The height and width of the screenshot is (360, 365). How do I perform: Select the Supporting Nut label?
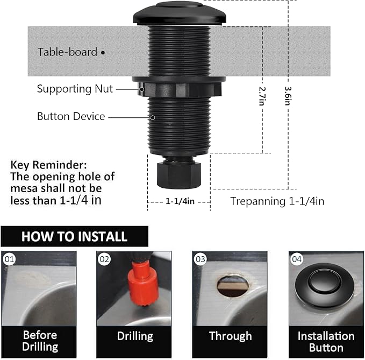[x=75, y=89]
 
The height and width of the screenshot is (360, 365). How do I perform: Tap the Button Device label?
[x=71, y=116]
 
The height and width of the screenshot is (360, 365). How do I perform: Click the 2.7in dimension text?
[x=262, y=96]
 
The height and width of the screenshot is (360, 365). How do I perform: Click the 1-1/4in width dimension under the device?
[x=179, y=201]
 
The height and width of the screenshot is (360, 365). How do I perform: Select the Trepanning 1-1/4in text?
[x=277, y=201]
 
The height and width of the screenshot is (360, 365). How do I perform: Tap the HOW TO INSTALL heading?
[x=74, y=236]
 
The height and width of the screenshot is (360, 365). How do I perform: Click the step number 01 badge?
[x=9, y=259]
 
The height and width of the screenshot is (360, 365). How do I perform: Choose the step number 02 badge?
[x=104, y=259]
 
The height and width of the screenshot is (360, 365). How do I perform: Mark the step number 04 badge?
[x=297, y=259]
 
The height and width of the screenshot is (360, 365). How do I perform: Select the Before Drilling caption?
[x=40, y=341]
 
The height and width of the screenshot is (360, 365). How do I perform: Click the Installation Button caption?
[x=326, y=341]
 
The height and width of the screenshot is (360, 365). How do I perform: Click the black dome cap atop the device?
[x=180, y=12]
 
